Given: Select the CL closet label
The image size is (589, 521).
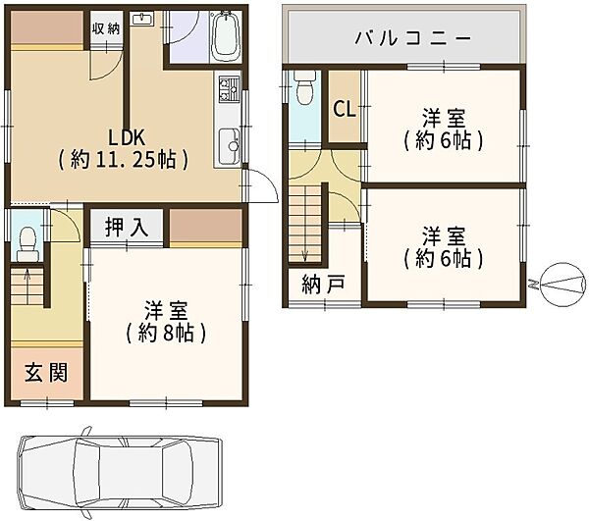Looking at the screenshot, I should click(344, 108).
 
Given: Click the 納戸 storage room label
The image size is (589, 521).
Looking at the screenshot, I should click(323, 286).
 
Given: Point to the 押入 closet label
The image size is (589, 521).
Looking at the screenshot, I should click(128, 228).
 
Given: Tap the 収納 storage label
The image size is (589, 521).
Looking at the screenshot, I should click(106, 27).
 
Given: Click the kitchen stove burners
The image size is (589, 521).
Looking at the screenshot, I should click(230, 91).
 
